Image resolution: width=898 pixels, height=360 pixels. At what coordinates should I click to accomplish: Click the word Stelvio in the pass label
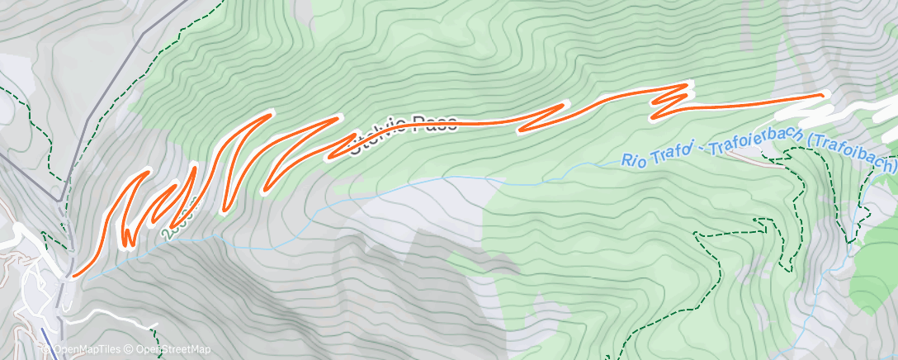[x=381, y=134]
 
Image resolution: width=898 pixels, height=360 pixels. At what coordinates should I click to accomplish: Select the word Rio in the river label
[x=638, y=159]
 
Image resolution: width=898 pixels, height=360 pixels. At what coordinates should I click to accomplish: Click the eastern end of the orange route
[x=823, y=95]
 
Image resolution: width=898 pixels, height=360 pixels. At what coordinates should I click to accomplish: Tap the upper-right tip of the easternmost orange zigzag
[x=688, y=85]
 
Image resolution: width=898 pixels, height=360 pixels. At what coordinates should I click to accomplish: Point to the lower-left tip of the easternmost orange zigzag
[x=655, y=116]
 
